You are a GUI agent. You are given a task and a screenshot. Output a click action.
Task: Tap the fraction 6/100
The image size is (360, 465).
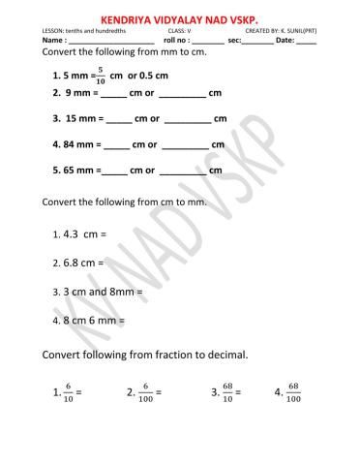coord(145,392)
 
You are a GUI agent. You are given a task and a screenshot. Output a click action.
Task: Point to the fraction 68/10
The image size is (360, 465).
coord(227,392)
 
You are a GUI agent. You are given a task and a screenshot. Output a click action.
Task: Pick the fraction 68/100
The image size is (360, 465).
coord(294,392)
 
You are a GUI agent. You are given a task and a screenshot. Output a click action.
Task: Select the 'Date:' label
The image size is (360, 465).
coord(285,42)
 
